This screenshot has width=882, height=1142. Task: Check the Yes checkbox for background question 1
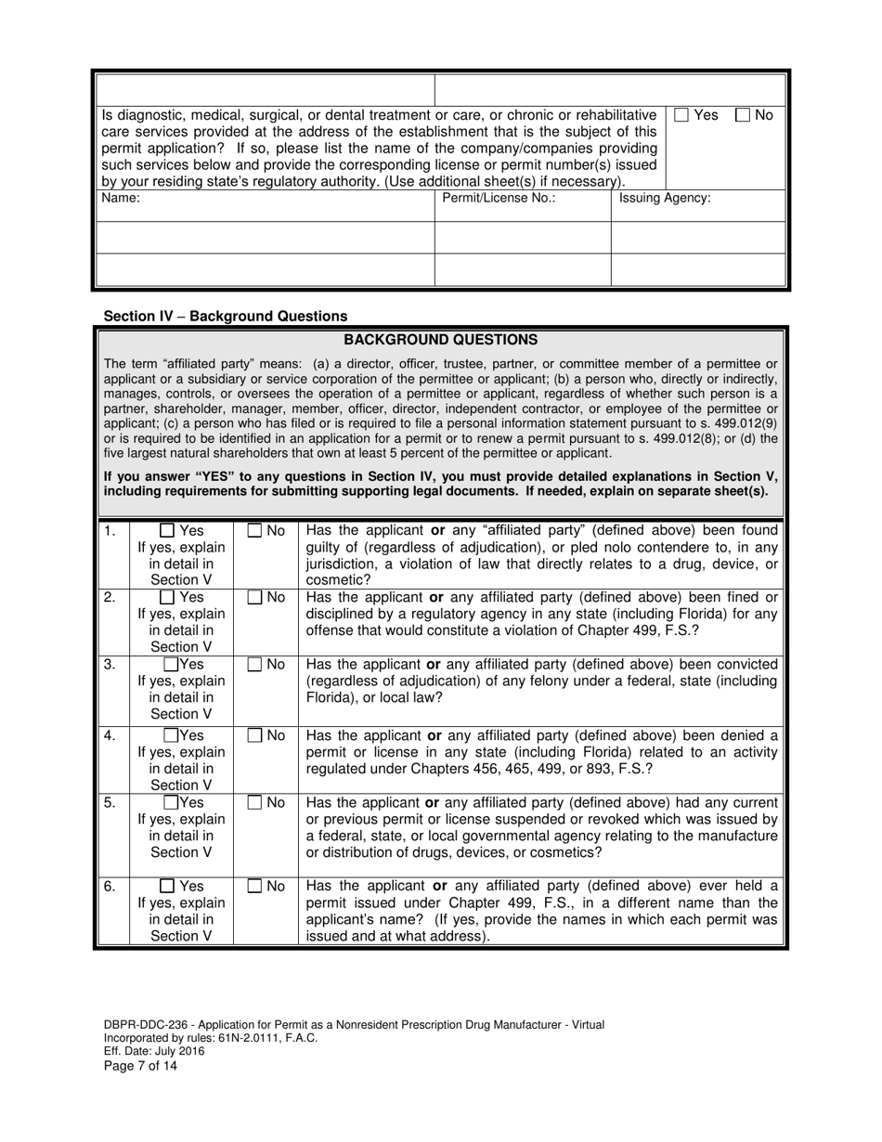coord(167,531)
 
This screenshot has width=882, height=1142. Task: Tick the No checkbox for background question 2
coord(254,598)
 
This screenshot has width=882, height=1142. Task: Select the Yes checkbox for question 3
coord(171,665)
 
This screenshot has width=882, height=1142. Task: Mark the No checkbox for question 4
coord(254,736)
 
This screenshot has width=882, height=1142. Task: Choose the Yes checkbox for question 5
coord(171,803)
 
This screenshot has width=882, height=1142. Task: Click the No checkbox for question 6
coord(254,887)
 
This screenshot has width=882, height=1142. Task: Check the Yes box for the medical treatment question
coord(681,115)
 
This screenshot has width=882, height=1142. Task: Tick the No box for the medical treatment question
coord(743,115)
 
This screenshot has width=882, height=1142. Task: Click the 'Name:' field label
coord(121,199)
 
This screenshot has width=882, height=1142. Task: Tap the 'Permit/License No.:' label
coord(499,199)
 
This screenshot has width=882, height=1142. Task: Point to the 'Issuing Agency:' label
coord(665,199)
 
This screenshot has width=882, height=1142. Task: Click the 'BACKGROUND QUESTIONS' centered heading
coord(440,340)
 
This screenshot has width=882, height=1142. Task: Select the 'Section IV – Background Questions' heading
coord(226,316)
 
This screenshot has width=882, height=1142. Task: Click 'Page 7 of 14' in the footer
coord(140,1066)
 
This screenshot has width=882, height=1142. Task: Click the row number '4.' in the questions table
coord(110,736)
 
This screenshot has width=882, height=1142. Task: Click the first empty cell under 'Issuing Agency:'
coord(698,237)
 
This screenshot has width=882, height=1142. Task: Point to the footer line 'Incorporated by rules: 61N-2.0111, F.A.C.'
coord(211,1038)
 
